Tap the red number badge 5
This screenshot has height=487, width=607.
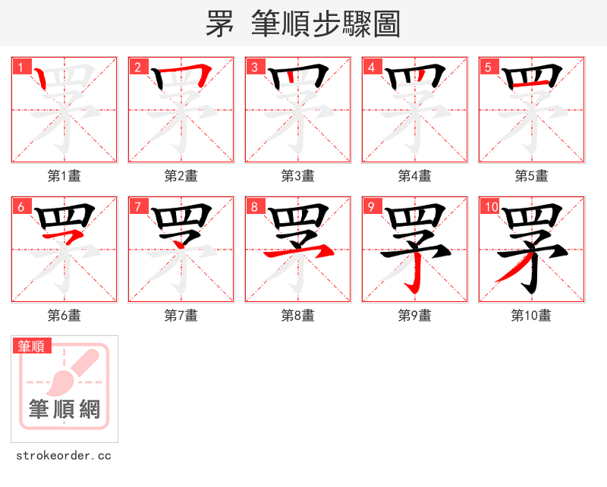point(487,67)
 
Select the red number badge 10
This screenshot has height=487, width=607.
point(489,206)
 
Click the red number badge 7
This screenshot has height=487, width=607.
point(137,206)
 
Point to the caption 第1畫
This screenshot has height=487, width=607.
point(64,176)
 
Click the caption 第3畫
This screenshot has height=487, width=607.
point(297,176)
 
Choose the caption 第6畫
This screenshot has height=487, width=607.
point(64,316)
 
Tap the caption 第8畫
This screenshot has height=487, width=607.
point(297,316)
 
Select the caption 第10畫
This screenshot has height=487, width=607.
point(531,316)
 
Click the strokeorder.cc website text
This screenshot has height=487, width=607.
point(64,456)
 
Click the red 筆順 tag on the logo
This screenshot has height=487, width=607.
point(32,346)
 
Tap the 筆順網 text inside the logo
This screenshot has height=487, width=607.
point(64,410)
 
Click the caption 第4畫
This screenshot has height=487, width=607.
point(414,176)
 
